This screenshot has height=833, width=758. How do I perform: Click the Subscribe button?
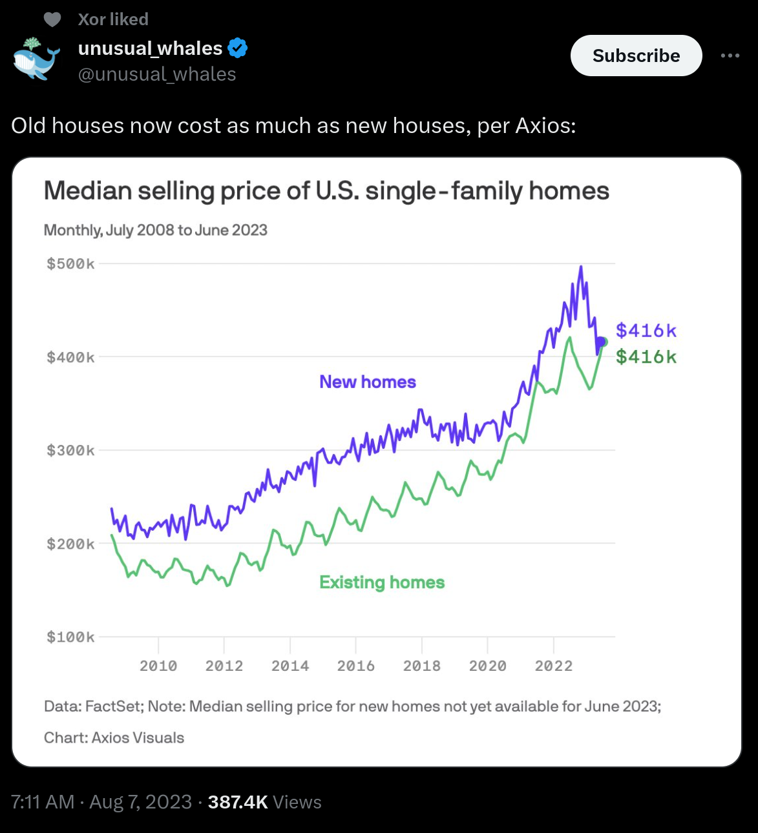pyautogui.click(x=636, y=56)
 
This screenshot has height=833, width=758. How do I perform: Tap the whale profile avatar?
pyautogui.click(x=36, y=59)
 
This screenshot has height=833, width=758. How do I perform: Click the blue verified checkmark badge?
pyautogui.click(x=238, y=48)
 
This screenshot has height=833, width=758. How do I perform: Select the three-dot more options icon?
pyautogui.click(x=730, y=56)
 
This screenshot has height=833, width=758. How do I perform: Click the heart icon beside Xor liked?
pyautogui.click(x=52, y=19)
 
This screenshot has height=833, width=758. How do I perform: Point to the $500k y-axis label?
pyautogui.click(x=70, y=263)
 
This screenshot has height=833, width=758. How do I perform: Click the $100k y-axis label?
pyautogui.click(x=70, y=637)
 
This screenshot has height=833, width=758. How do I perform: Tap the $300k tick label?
pyautogui.click(x=70, y=450)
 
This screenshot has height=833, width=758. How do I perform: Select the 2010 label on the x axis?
pyautogui.click(x=158, y=666)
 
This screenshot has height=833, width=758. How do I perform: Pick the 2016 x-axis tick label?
pyautogui.click(x=355, y=666)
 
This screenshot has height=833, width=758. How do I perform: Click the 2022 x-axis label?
pyautogui.click(x=553, y=666)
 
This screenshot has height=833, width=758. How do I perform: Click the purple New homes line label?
pyautogui.click(x=368, y=382)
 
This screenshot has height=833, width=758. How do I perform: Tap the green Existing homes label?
pyautogui.click(x=382, y=582)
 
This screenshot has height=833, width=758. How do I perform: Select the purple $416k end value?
pyautogui.click(x=646, y=331)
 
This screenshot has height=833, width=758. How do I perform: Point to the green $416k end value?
pyautogui.click(x=646, y=356)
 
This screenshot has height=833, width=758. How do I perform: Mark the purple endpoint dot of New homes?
pyautogui.click(x=600, y=342)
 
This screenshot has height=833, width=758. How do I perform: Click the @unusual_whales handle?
pyautogui.click(x=157, y=74)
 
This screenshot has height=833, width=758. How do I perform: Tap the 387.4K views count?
pyautogui.click(x=238, y=802)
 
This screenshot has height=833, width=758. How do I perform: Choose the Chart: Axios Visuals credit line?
pyautogui.click(x=114, y=737)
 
